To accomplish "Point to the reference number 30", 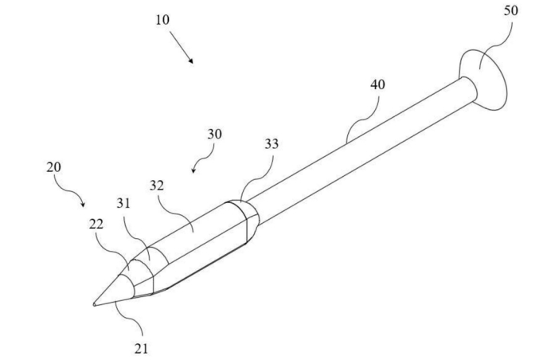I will coord(215,134).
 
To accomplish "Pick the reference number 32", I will coord(157,186).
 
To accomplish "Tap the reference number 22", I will coord(96,225).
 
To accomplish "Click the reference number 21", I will coord(142,348).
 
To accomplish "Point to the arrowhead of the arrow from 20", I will coord(84,205).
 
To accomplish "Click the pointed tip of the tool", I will coord(94,303).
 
